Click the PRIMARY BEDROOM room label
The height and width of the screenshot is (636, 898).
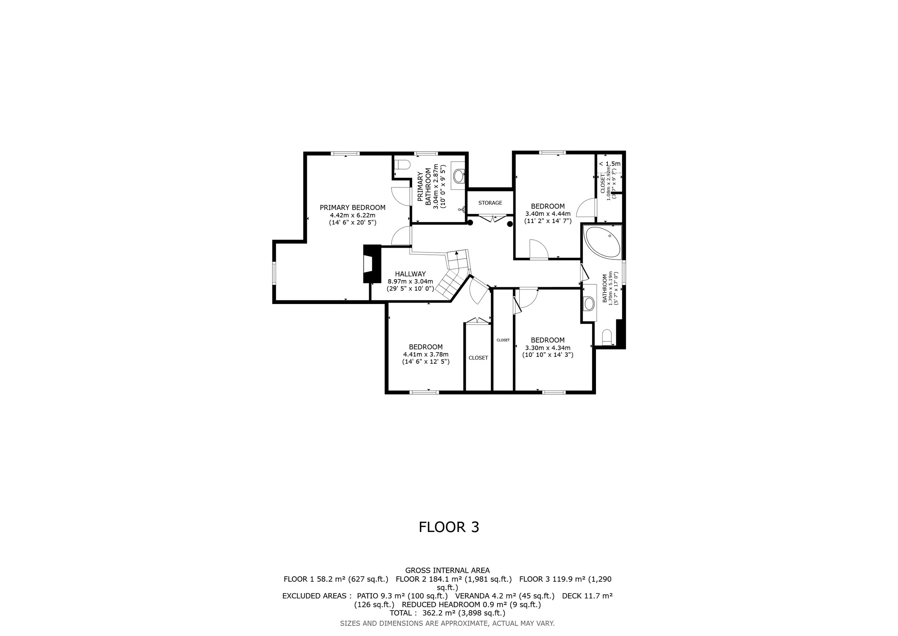point(352,208)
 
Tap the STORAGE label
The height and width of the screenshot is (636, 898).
point(490,203)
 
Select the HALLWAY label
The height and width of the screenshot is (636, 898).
point(410,274)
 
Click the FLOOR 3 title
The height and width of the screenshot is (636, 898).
point(449,527)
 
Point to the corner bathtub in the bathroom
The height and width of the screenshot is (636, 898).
point(601,242)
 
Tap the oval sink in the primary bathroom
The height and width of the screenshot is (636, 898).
point(459,176)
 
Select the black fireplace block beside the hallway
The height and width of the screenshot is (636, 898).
point(372,264)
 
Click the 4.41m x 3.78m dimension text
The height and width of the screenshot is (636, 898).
point(426,354)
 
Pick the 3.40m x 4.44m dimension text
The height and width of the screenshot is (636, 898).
point(547,214)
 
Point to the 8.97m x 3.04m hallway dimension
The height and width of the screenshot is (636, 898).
point(410,281)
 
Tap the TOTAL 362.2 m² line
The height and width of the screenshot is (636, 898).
point(448,613)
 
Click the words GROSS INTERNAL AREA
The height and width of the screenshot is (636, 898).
point(448,571)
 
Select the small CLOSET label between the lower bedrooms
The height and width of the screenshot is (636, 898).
point(503,340)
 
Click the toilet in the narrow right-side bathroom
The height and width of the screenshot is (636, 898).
point(607,337)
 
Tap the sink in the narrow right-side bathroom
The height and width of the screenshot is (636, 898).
point(589,304)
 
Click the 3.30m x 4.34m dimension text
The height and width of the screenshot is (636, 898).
point(547,348)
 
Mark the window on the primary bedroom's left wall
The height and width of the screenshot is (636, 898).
point(274,273)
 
